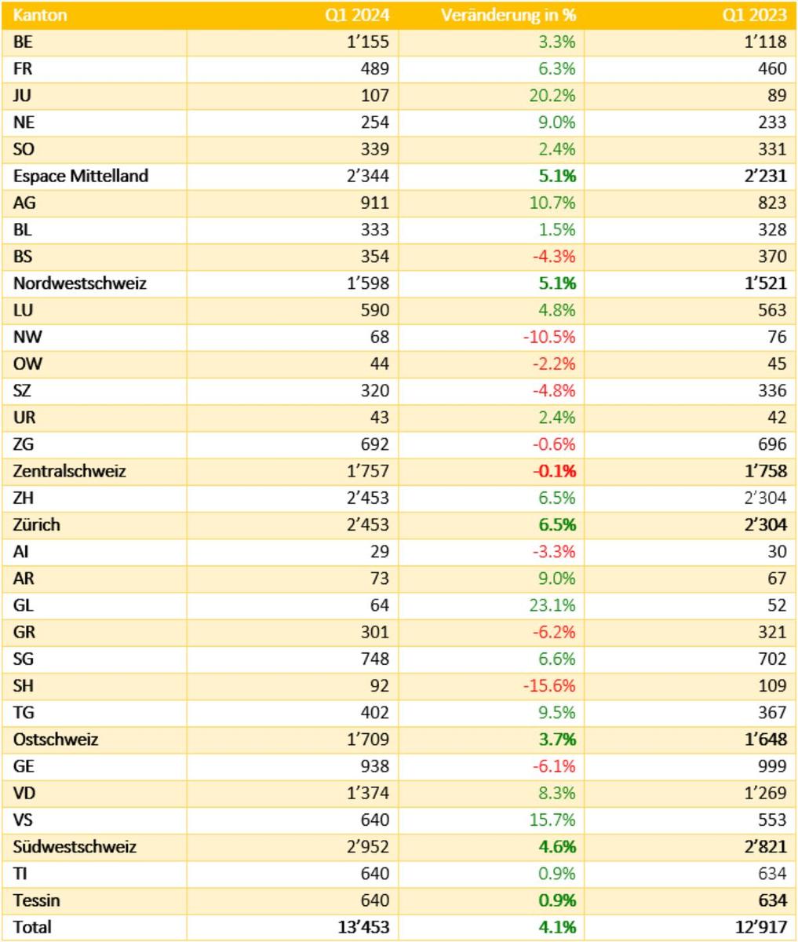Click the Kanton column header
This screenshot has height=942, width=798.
click(x=40, y=15)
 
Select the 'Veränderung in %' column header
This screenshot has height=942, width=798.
click(x=508, y=15)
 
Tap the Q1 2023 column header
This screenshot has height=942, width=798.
click(x=755, y=15)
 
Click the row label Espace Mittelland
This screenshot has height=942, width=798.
click(x=80, y=176)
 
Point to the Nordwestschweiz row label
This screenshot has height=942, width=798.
click(x=79, y=283)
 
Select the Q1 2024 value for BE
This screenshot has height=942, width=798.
click(x=368, y=42)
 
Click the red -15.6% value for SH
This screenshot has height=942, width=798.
click(x=549, y=685)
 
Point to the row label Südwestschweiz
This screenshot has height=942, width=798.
click(x=75, y=846)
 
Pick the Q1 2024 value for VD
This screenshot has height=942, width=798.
click(x=365, y=793)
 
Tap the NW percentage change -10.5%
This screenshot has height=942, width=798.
click(x=549, y=337)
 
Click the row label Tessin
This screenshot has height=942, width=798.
click(x=37, y=900)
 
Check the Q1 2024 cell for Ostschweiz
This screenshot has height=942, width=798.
click(x=365, y=739)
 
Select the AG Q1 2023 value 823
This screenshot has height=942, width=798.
click(x=771, y=203)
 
